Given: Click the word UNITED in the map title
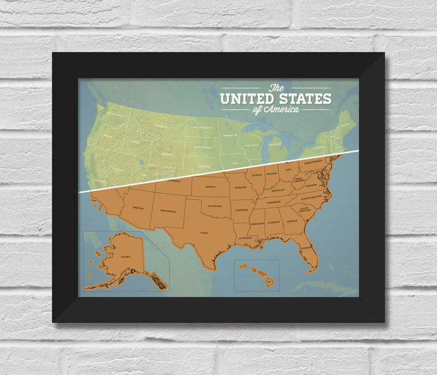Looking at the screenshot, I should [x=248, y=99].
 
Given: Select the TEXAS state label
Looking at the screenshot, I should [x=204, y=233].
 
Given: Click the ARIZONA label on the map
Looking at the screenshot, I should [x=137, y=207].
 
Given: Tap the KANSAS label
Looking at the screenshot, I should [x=210, y=187].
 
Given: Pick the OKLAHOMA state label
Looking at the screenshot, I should [x=214, y=205].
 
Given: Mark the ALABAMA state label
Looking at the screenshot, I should [x=273, y=222].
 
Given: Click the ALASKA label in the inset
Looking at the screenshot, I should [x=125, y=257].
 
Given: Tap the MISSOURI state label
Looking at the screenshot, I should [x=240, y=187].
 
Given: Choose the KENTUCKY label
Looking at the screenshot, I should [x=278, y=190].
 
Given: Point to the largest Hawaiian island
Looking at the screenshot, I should [x=270, y=282].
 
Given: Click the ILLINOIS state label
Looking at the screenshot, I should [x=256, y=174].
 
